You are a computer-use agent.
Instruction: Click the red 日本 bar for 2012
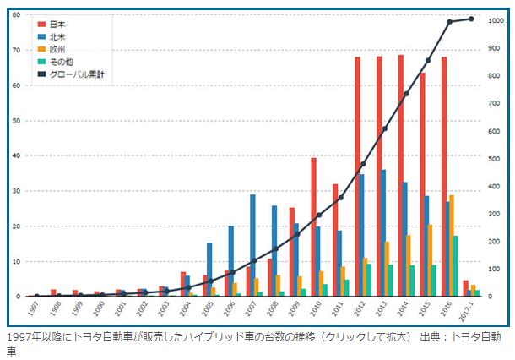click(x=358, y=177)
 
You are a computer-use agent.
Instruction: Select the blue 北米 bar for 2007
click(x=252, y=245)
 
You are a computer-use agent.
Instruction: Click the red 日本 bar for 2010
click(x=314, y=227)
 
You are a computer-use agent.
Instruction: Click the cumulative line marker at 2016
click(x=449, y=22)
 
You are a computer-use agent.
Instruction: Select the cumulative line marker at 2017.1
click(x=471, y=19)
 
